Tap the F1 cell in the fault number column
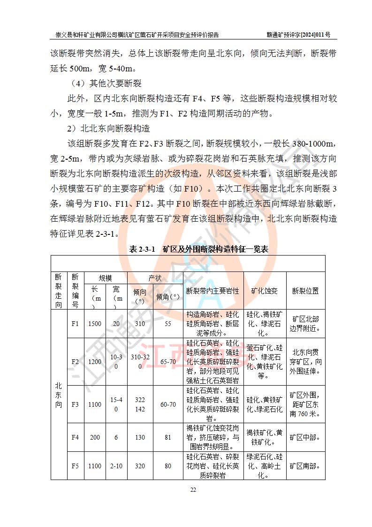75,324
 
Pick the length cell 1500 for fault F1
95,324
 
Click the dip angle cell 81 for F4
168,437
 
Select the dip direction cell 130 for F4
140,437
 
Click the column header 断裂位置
305,291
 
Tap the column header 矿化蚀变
265,291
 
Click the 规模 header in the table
105,278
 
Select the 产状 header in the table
155,278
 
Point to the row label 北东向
58,395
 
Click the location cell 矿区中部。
305,437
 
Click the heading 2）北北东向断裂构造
109,128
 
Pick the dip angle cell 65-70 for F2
168,362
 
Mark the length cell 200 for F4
95,437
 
